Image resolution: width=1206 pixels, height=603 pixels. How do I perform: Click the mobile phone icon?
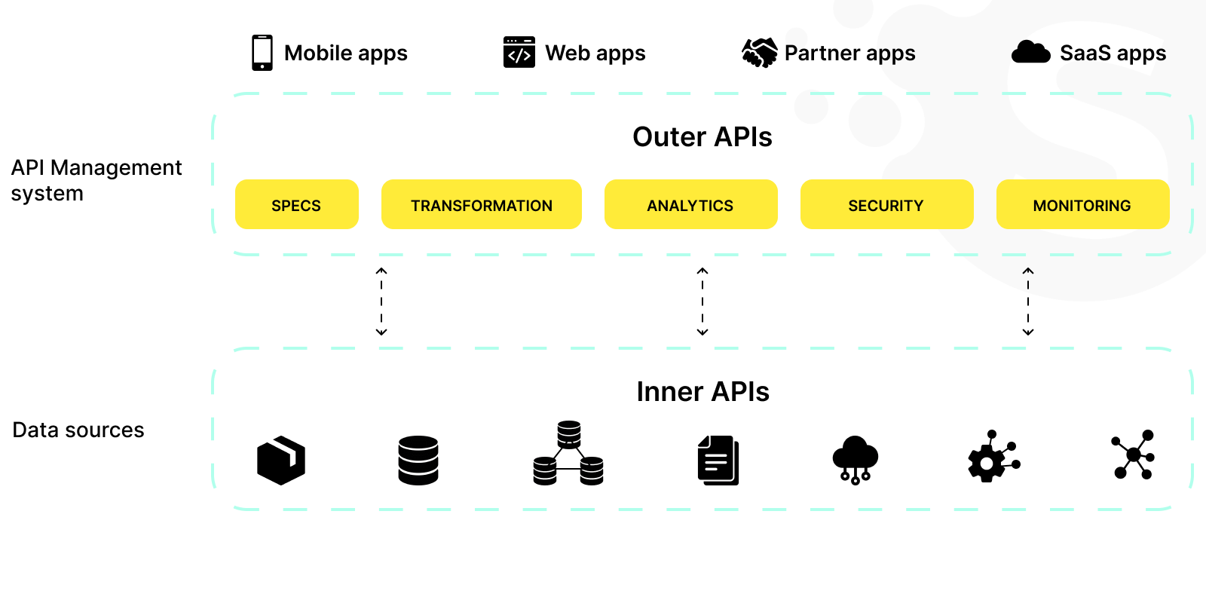click(x=262, y=53)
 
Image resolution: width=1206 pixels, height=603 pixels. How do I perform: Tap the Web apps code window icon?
click(x=519, y=53)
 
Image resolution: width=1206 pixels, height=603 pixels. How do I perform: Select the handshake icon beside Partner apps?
click(x=760, y=53)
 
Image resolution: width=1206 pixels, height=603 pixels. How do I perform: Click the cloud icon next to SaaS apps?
click(x=1030, y=53)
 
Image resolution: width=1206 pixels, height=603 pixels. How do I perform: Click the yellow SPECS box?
click(x=296, y=204)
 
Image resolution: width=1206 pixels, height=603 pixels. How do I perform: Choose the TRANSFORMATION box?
click(x=481, y=204)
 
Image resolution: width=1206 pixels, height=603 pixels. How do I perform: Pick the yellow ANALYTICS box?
click(x=690, y=204)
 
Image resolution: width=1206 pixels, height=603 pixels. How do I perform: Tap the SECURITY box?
click(x=886, y=204)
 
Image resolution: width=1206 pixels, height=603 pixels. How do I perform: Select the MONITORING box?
click(x=1082, y=204)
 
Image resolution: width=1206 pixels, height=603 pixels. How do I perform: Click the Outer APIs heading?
click(x=702, y=137)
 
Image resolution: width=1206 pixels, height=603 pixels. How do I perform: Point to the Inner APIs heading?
click(x=702, y=392)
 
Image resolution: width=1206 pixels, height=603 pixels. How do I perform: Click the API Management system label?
click(x=96, y=180)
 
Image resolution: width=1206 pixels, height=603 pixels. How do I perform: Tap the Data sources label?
click(x=78, y=430)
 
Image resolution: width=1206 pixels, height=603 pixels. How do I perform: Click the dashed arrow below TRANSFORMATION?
click(x=381, y=301)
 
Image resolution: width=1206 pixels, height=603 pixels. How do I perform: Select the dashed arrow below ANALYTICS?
click(x=702, y=301)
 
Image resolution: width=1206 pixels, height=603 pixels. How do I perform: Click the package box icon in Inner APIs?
click(x=281, y=460)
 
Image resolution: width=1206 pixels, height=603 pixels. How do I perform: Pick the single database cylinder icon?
click(x=418, y=460)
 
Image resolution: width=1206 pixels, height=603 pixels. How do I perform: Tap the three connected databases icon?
click(x=568, y=454)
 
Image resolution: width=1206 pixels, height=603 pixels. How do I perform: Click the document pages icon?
click(x=718, y=460)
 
